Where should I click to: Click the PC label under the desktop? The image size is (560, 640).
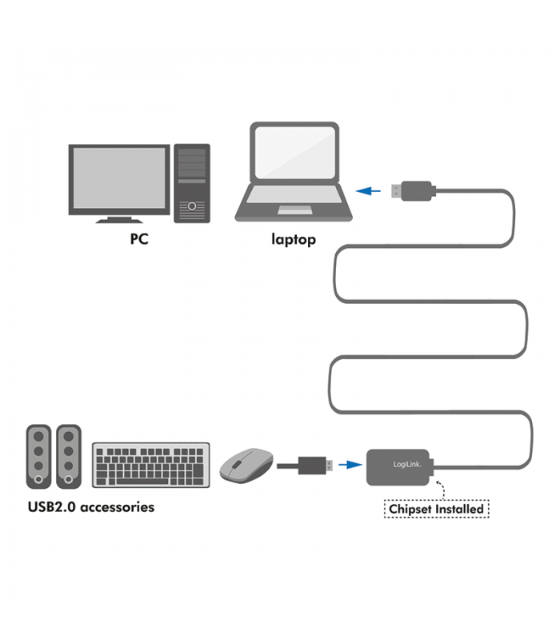[139, 238]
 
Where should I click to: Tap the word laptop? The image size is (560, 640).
[294, 239]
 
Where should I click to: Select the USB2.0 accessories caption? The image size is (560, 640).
[91, 507]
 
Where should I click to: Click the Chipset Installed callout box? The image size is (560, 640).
[436, 509]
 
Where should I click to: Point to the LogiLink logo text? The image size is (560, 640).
[407, 464]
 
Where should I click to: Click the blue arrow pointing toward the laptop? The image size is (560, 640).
[368, 190]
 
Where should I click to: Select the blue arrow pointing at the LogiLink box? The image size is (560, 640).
[350, 465]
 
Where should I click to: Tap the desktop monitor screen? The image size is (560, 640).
[119, 178]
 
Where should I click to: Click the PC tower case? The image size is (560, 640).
[192, 183]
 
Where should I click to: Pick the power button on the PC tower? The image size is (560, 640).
[192, 206]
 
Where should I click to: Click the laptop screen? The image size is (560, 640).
[294, 151]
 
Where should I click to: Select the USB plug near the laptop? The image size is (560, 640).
[413, 191]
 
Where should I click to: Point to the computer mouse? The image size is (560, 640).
[246, 465]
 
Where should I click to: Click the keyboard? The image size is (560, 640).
[151, 465]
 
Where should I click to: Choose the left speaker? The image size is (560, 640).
[38, 456]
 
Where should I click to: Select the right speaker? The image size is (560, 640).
[69, 456]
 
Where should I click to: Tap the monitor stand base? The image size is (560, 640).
[119, 221]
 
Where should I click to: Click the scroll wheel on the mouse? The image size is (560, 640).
[236, 464]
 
